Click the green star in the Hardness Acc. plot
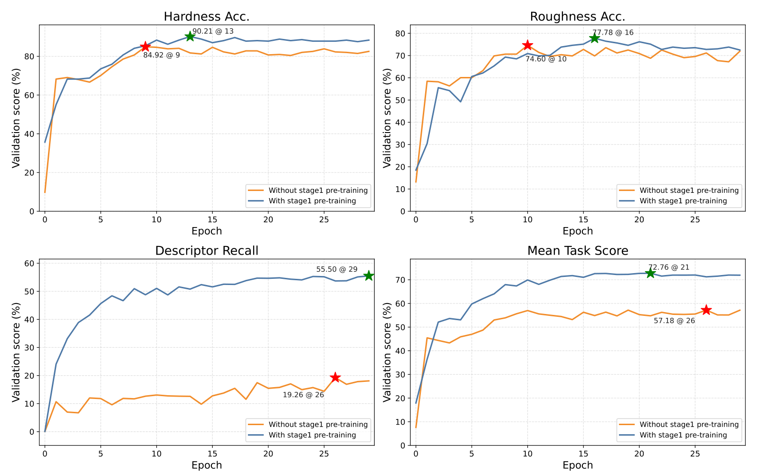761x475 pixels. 190,37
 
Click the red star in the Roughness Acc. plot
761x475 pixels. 527,45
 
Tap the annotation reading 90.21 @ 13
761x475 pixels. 213,31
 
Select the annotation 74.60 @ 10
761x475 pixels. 546,59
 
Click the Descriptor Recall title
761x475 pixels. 207,251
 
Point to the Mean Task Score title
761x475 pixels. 578,251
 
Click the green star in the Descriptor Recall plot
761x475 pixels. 369,275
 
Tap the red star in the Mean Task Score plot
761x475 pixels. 706,310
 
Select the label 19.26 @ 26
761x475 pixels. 303,395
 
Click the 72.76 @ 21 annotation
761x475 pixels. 668,267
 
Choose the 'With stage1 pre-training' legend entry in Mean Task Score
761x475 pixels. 683,435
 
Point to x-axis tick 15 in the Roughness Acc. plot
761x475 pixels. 583,220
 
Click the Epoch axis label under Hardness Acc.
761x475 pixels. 207,231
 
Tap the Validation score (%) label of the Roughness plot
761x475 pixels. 387,118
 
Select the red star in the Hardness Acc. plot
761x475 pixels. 145,47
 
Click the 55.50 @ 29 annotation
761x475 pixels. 336,269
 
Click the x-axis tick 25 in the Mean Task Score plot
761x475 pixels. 695,454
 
